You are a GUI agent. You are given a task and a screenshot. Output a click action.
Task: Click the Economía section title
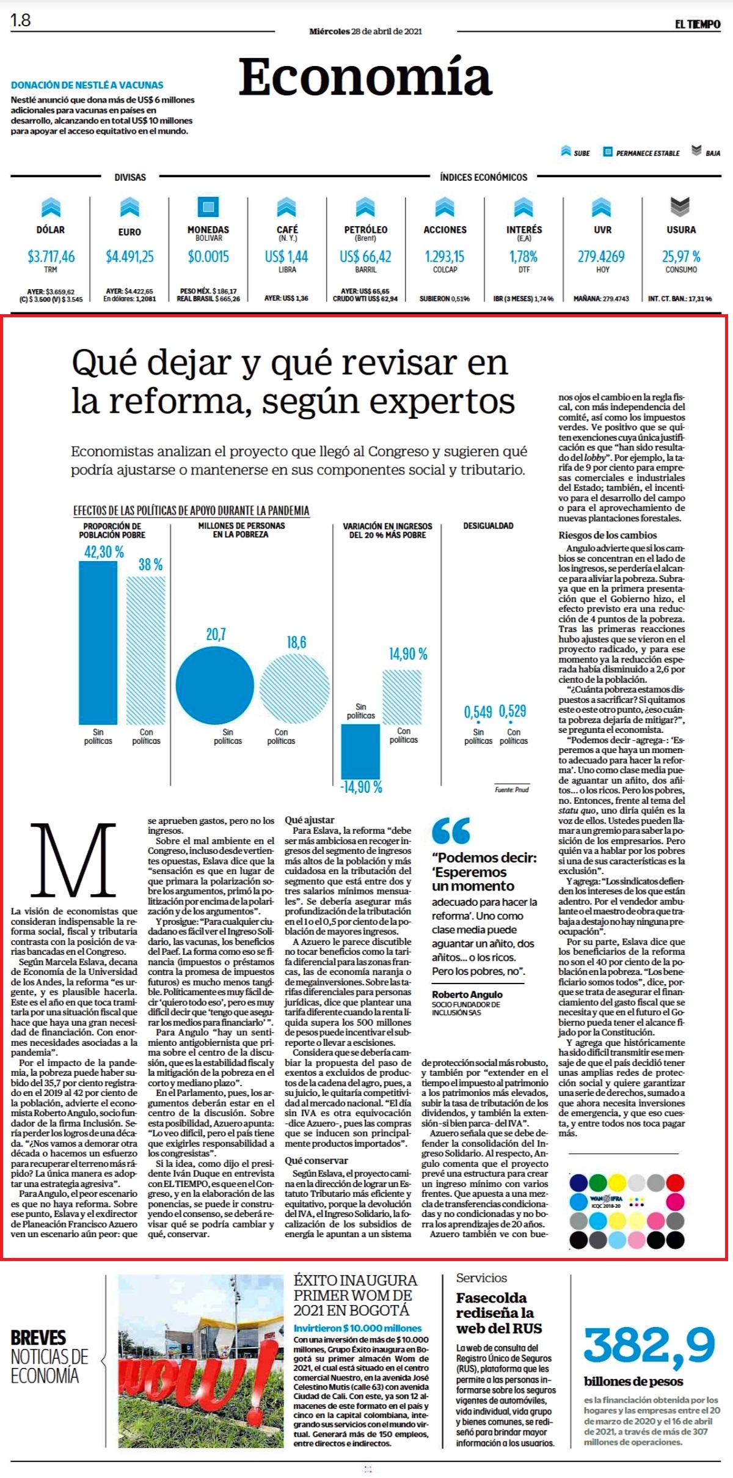(x=365, y=78)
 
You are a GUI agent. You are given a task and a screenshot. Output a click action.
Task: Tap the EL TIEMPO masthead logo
(x=698, y=24)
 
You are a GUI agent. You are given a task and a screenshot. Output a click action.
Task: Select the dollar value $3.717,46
(x=51, y=257)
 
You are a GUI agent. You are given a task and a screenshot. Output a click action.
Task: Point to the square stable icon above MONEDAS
(x=208, y=207)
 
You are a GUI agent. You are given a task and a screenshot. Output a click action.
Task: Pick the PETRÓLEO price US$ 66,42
(x=365, y=257)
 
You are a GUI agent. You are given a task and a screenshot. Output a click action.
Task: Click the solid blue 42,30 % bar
(x=98, y=642)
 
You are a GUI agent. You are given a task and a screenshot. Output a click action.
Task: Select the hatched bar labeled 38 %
(x=146, y=650)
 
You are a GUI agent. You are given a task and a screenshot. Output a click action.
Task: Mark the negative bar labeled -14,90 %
(x=360, y=751)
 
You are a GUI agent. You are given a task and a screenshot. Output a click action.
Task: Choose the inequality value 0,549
(x=478, y=711)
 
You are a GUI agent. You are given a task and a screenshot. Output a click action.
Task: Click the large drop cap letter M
(x=73, y=859)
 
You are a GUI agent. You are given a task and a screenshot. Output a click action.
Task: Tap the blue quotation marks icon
(x=451, y=831)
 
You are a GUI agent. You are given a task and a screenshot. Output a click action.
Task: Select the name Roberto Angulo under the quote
(x=467, y=995)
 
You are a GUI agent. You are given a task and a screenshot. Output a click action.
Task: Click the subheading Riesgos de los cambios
(x=599, y=535)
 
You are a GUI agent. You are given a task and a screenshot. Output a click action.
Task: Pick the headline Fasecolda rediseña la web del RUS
(x=498, y=1312)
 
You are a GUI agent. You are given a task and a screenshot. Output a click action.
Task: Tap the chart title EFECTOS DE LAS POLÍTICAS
(x=191, y=510)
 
